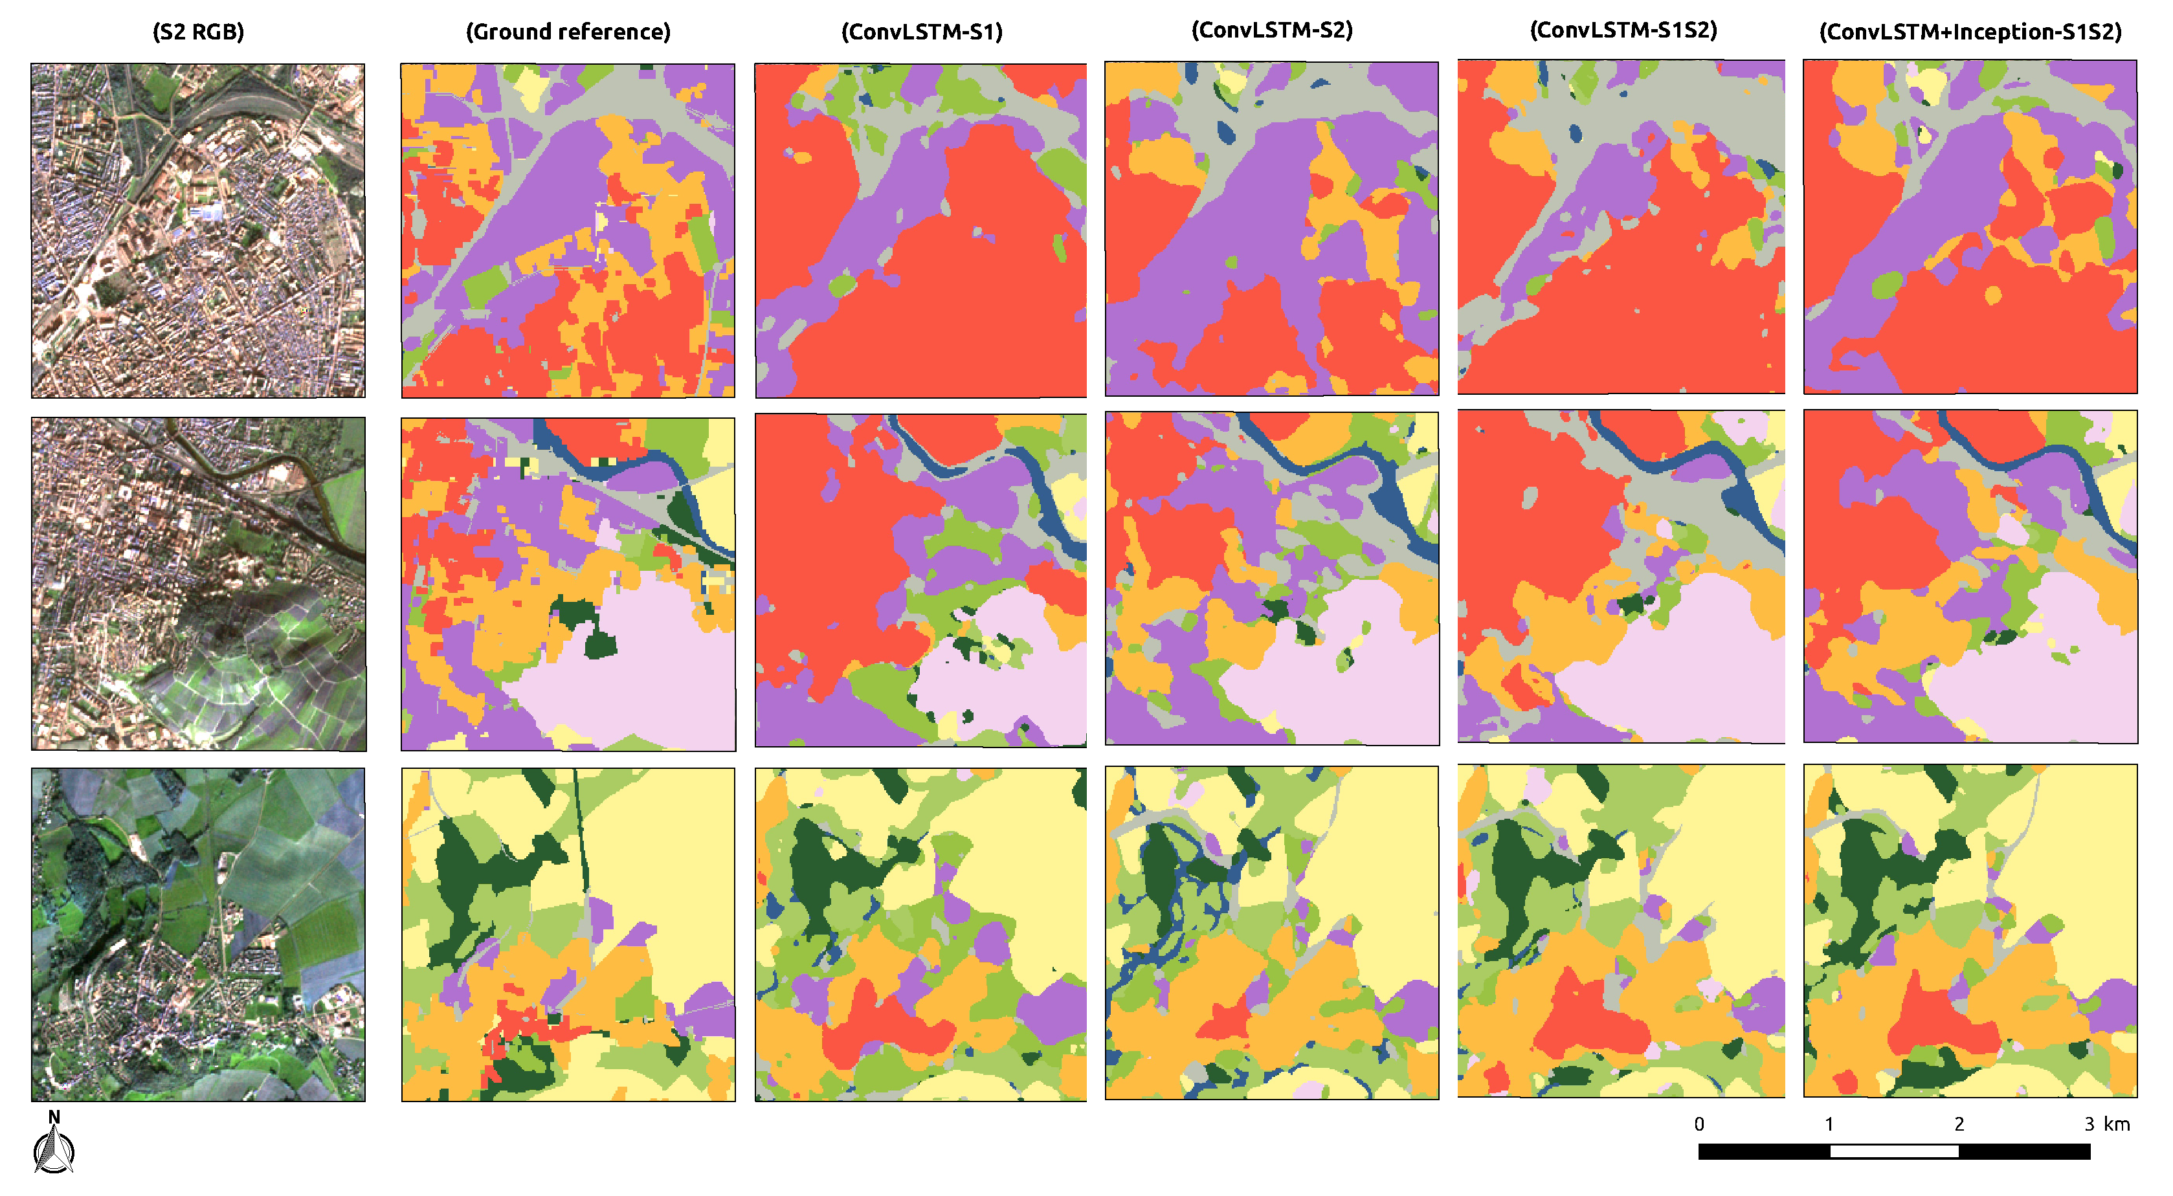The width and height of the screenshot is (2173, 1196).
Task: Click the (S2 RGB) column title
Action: pyautogui.click(x=198, y=32)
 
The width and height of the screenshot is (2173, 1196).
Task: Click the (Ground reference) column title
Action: pyautogui.click(x=568, y=32)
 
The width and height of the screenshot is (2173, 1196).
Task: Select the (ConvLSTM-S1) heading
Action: pyautogui.click(x=921, y=32)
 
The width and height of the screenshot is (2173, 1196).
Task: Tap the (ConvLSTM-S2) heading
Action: pyautogui.click(x=1271, y=30)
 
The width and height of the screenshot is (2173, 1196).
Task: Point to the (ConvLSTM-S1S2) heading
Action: pyautogui.click(x=1623, y=30)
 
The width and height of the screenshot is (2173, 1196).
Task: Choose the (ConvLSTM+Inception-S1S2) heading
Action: pyautogui.click(x=1970, y=32)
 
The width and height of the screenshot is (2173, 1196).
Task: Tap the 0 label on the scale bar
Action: pyautogui.click(x=1699, y=1124)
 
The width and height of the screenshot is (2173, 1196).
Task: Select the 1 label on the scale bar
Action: pyautogui.click(x=1829, y=1124)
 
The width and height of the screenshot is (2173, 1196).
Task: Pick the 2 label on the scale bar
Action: pyautogui.click(x=1959, y=1124)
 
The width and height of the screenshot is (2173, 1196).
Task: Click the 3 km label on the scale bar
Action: pyautogui.click(x=2106, y=1124)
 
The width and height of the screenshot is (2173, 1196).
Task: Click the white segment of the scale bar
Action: pyautogui.click(x=1894, y=1151)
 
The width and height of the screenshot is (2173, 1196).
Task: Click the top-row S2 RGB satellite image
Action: pyautogui.click(x=198, y=230)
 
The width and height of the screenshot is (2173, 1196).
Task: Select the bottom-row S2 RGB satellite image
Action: pyautogui.click(x=198, y=935)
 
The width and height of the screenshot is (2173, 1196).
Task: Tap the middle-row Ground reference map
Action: pyautogui.click(x=568, y=584)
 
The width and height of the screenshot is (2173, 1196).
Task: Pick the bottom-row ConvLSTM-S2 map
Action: pyautogui.click(x=1271, y=933)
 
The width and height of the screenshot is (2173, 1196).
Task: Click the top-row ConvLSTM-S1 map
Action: pyautogui.click(x=921, y=230)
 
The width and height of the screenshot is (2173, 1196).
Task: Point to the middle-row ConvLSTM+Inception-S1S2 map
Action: pyautogui.click(x=1970, y=577)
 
